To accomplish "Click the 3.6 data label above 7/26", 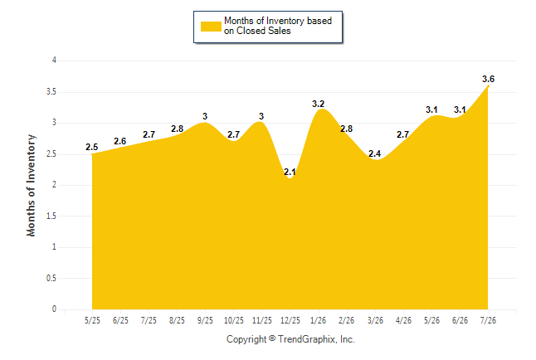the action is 488,79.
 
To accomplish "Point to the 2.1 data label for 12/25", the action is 290,172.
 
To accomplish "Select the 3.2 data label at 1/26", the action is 318,104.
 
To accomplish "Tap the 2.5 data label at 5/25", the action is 91,147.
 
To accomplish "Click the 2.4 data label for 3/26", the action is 375,153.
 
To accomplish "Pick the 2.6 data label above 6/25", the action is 120,141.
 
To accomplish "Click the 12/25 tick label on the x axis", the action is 290,321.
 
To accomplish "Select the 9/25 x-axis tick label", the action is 205,321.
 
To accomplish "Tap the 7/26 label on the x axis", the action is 488,321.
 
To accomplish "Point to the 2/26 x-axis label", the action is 347,321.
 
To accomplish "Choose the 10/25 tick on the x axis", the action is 234,321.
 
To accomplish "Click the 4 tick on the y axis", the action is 54,61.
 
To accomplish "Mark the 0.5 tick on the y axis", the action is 51,278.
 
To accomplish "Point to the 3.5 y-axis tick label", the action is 51,92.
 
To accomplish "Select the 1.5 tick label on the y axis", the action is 51,216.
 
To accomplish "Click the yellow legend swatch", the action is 211,27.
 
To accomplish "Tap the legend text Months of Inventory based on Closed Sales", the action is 278,26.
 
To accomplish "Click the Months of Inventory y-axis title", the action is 31,185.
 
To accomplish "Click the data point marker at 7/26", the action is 488,86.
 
